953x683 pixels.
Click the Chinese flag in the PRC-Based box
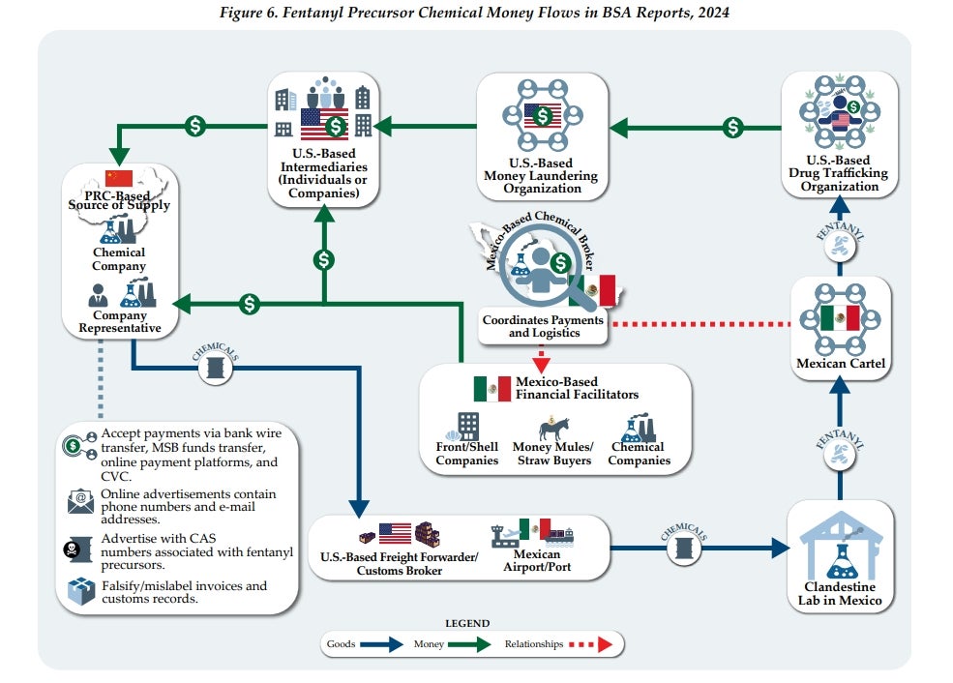point(118,178)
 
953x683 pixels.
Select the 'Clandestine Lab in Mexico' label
point(840,594)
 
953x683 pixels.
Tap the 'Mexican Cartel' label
point(840,364)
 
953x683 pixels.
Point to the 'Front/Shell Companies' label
point(466,454)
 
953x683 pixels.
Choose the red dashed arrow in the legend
point(590,643)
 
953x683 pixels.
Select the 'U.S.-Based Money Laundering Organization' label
point(542,176)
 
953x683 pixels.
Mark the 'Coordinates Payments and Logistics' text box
point(542,326)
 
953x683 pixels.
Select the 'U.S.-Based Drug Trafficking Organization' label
point(839,173)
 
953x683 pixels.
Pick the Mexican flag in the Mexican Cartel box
point(840,318)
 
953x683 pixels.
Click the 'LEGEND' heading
point(466,624)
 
